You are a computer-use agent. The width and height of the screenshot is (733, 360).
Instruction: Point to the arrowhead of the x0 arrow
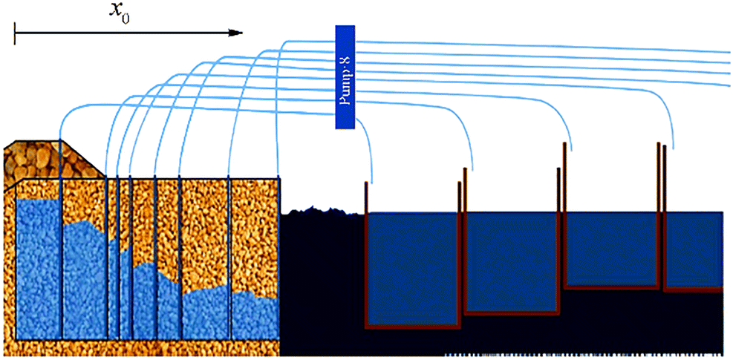pos(237,33)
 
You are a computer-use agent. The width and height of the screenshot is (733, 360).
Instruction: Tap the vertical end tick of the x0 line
pos(15,33)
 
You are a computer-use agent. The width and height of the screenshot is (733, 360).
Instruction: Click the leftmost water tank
pos(411,267)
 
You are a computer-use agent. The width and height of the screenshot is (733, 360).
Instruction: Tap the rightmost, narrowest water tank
pos(694,249)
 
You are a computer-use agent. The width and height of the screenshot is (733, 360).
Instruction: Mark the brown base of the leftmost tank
pos(413,325)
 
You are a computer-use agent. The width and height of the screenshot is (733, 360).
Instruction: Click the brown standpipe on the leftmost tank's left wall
pos(366,197)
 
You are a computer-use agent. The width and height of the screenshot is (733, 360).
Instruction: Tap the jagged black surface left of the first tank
pos(319,212)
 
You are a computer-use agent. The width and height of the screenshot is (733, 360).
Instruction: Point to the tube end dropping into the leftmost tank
pos(371,181)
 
